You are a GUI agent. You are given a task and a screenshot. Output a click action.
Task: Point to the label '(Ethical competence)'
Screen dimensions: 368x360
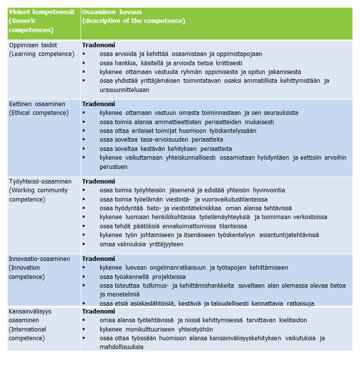coord(38,113)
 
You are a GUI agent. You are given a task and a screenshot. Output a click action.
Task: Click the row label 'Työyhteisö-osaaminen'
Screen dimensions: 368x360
coord(40,182)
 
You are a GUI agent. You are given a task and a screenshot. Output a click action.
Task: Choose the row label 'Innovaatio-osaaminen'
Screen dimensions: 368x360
coord(39,259)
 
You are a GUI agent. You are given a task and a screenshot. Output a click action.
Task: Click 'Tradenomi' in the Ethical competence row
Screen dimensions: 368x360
coord(98,104)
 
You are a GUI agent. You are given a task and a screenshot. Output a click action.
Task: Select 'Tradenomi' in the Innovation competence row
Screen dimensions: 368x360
coord(98,259)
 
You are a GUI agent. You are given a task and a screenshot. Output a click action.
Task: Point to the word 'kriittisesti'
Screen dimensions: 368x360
coord(225,63)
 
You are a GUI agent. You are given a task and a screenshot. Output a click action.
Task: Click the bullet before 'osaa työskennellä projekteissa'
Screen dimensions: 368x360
coord(85,276)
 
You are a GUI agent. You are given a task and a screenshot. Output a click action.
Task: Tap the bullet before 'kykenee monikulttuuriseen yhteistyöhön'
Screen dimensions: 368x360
coord(85,329)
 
